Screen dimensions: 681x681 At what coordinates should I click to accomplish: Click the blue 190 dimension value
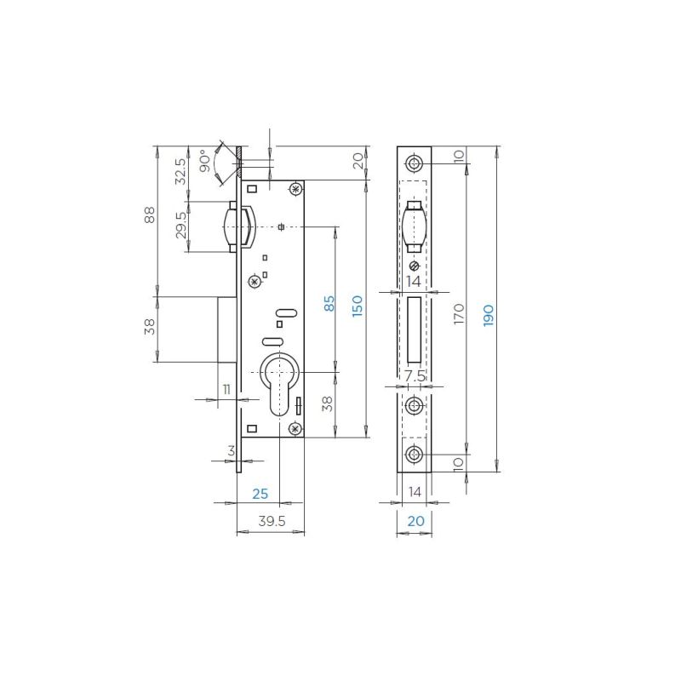point(488,315)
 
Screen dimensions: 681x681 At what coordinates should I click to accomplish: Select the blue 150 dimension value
point(357,306)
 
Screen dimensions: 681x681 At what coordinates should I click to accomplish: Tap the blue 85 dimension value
point(329,303)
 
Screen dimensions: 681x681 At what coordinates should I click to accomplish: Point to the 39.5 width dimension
point(272,521)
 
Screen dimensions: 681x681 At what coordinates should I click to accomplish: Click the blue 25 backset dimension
point(260,494)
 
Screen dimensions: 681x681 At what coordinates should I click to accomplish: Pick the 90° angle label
point(206,161)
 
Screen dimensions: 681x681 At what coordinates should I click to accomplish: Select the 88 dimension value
point(149,215)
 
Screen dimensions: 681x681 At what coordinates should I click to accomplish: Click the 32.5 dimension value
point(180,171)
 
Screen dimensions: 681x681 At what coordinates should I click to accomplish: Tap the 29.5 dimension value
point(180,225)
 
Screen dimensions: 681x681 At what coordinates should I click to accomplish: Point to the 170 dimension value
point(459,313)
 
